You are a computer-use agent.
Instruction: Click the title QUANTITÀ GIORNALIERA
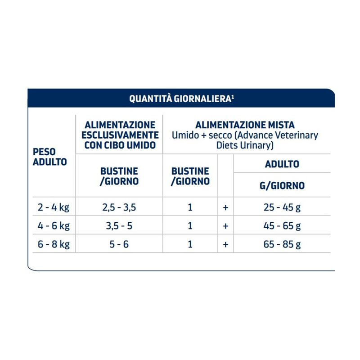tap(180, 99)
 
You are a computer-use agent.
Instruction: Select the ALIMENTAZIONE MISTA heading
tap(245, 125)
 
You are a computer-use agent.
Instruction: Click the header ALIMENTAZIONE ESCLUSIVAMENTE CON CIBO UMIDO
tap(120, 134)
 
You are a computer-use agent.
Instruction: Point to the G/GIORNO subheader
tap(282, 185)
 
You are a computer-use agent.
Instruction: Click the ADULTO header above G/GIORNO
tap(282, 164)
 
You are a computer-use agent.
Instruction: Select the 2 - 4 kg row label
tap(54, 207)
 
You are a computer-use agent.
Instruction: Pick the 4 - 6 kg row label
tap(54, 226)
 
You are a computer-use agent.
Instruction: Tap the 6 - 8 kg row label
tap(54, 244)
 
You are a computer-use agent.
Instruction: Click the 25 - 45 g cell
tap(282, 207)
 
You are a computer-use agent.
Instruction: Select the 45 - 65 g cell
tap(282, 226)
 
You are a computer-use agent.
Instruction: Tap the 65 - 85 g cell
tap(282, 244)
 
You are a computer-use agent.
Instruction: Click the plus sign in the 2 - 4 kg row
tap(225, 207)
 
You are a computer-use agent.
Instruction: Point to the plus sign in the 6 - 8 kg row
tap(225, 244)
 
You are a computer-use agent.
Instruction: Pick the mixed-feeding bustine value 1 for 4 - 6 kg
tap(190, 226)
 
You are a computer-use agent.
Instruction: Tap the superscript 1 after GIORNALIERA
tap(232, 96)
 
